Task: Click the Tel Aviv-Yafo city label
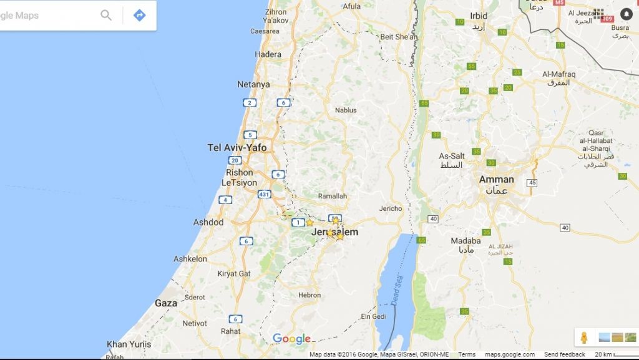237,148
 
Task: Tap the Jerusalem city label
335,232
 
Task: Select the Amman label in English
496,180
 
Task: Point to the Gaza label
166,303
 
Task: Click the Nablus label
346,110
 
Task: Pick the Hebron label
310,295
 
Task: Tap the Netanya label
253,84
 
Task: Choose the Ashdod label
208,222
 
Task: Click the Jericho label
391,208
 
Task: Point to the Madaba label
466,241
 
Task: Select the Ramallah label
332,196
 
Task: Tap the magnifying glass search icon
106,15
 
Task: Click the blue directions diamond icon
139,15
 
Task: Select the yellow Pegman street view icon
583,338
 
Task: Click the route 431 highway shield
265,195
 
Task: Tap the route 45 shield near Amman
532,183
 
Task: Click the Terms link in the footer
467,354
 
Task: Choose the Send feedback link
564,354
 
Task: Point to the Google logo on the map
291,339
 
